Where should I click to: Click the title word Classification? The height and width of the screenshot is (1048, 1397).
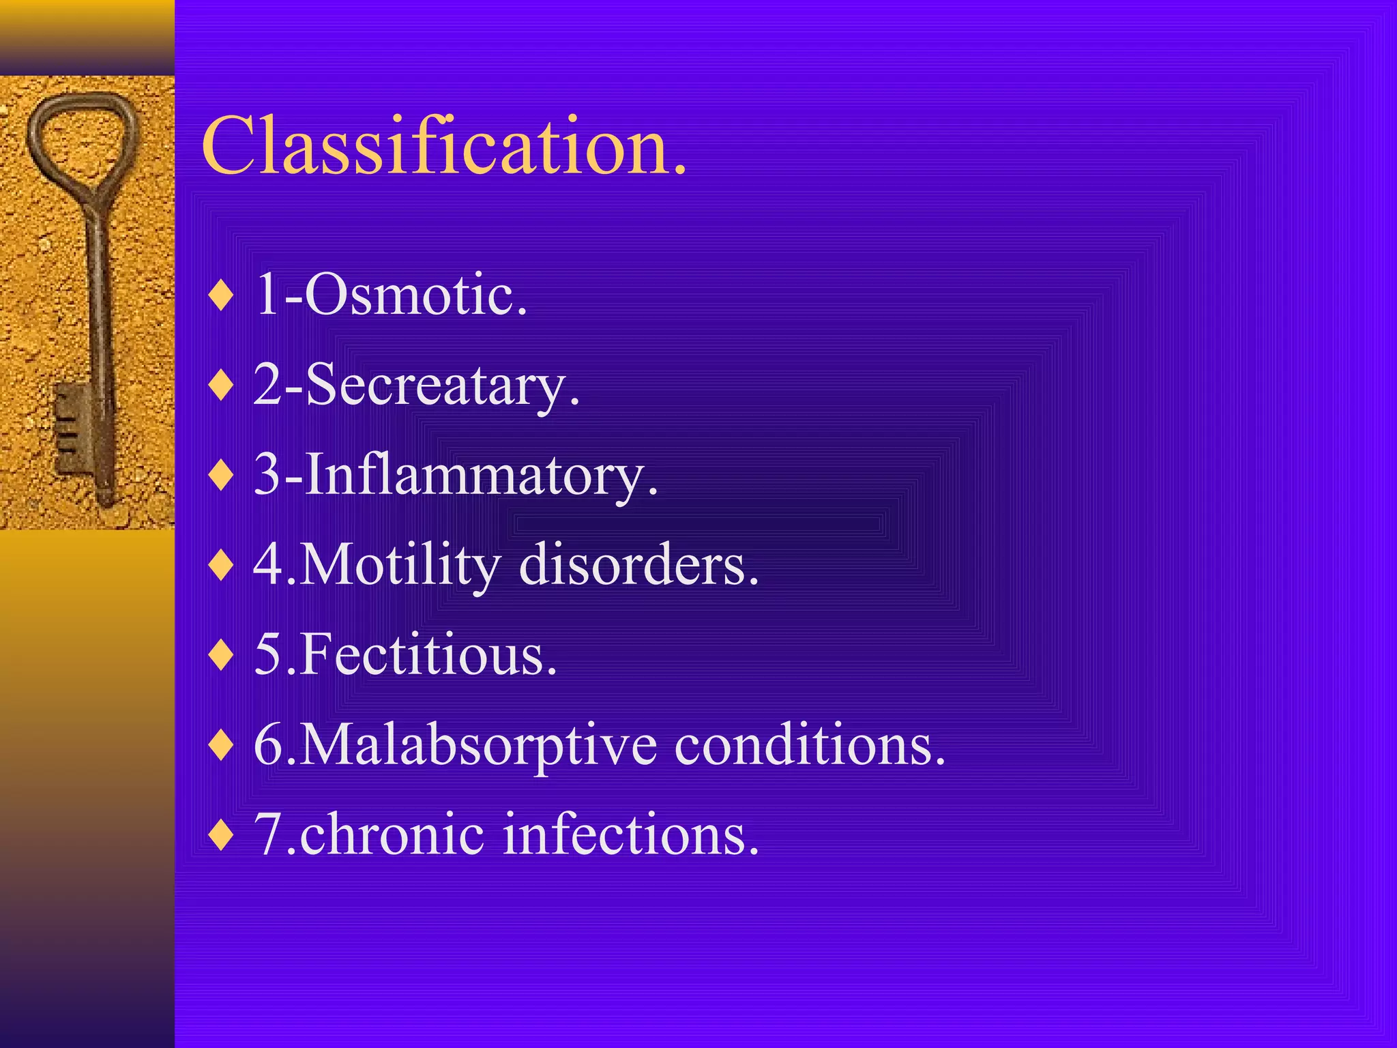[x=443, y=146]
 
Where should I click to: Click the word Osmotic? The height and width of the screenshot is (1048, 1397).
[x=416, y=295]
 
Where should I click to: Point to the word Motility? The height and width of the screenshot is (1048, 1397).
[x=400, y=565]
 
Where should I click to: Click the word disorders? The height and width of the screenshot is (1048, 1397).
[x=638, y=565]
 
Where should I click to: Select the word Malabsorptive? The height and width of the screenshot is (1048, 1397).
[x=478, y=745]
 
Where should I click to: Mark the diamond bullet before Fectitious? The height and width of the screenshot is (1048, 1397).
[x=221, y=656]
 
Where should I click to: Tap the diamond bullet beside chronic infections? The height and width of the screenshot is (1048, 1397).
[x=221, y=836]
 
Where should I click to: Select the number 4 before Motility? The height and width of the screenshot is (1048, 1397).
[x=267, y=565]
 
